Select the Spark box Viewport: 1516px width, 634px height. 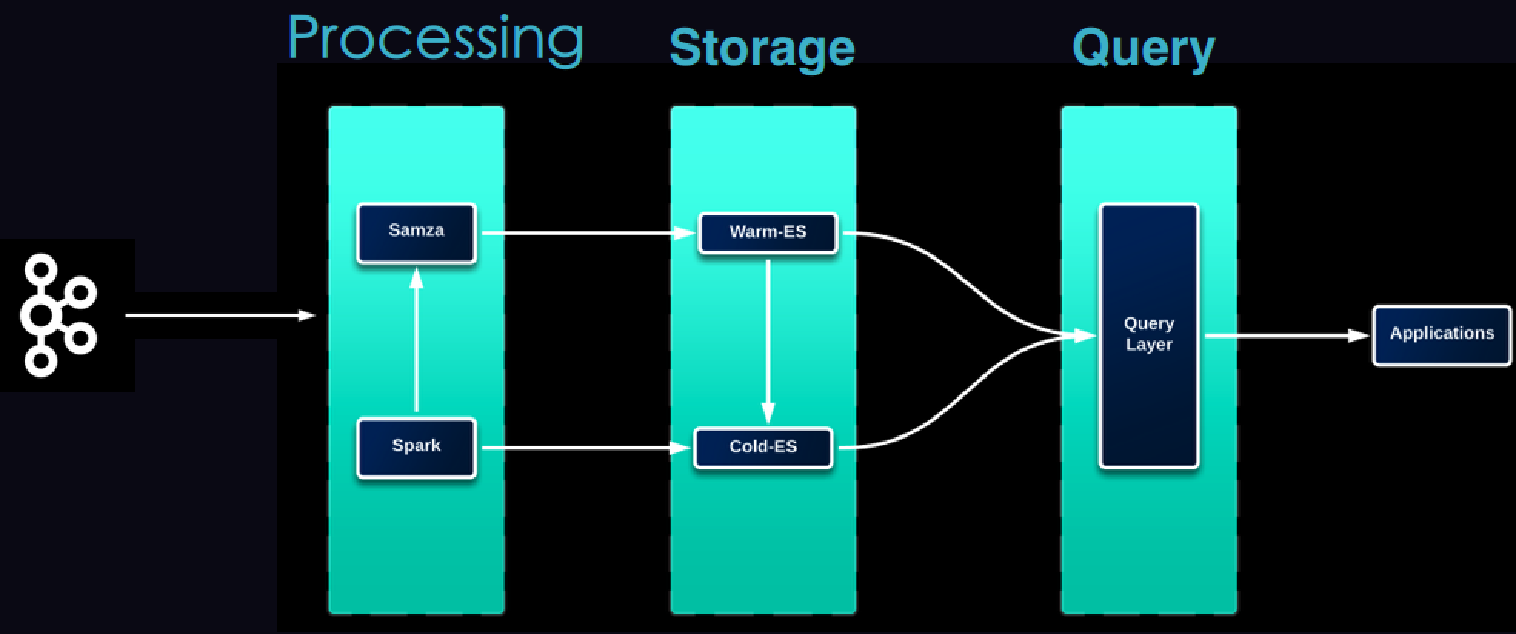tap(416, 447)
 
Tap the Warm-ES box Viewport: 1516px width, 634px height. tap(767, 232)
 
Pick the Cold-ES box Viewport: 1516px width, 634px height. tap(763, 448)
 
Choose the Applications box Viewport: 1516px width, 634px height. tap(1441, 335)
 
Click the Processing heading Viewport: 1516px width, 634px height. tap(435, 38)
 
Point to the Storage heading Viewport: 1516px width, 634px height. tap(762, 48)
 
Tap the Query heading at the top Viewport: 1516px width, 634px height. tap(1143, 48)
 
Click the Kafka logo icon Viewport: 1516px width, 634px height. tap(58, 315)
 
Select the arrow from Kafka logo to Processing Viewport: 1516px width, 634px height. tap(219, 315)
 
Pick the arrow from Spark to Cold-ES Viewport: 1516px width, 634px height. tap(585, 448)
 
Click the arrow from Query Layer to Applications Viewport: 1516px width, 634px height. tap(1285, 335)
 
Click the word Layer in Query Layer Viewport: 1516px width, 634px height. tap(1148, 345)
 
